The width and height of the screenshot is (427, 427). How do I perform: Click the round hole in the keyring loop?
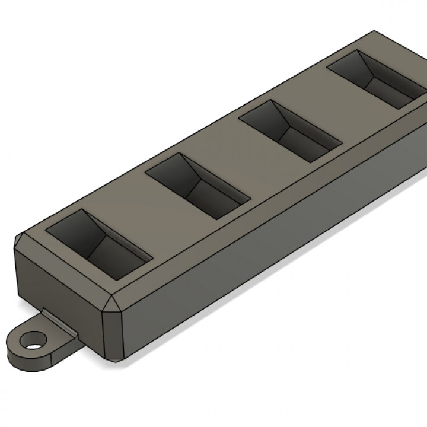33,340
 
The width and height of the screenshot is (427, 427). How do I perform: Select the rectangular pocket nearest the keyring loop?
98,244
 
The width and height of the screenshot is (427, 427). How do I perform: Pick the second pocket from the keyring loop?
196,184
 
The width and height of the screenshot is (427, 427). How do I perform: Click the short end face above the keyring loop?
59,285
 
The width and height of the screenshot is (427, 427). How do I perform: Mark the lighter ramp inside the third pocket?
308,139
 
